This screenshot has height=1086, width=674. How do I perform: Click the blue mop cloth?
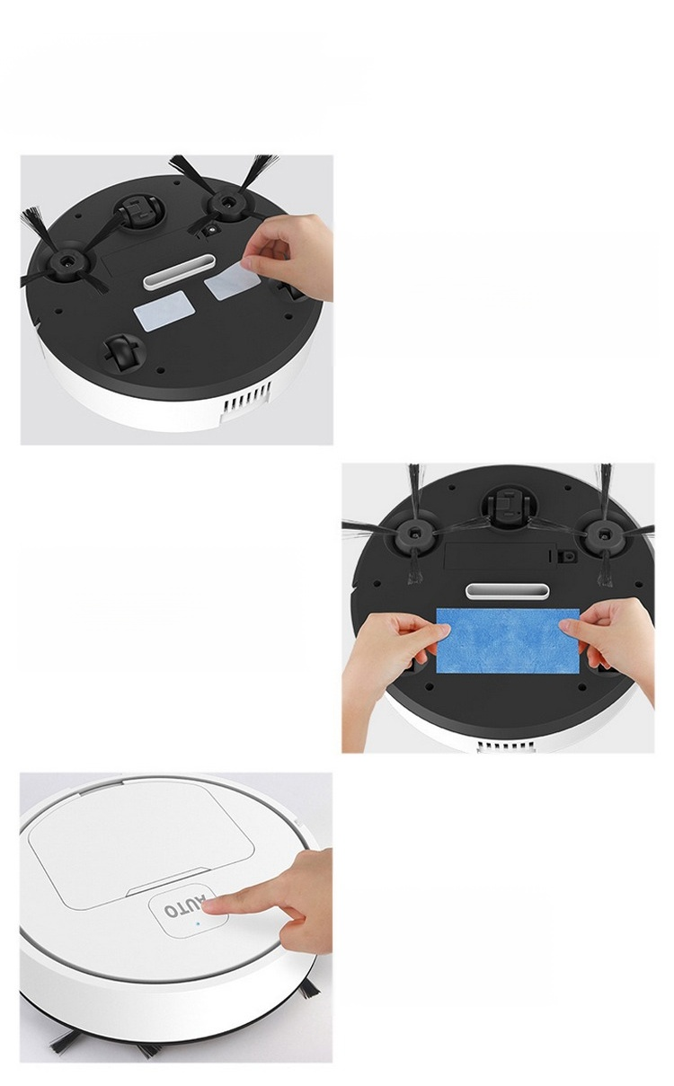(x=508, y=641)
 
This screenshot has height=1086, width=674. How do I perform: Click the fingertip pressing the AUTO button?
(x=211, y=906)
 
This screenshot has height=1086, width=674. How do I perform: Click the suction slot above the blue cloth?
(x=507, y=592)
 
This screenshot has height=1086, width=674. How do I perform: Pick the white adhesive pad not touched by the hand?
(x=161, y=313)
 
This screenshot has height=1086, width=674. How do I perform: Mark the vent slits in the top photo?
(x=246, y=395)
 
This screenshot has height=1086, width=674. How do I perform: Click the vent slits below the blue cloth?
(x=507, y=746)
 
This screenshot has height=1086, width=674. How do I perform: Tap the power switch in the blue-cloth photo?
(x=565, y=557)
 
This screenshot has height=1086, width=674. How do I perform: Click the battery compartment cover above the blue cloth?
(x=499, y=554)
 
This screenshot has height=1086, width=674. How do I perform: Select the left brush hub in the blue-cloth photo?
(x=414, y=533)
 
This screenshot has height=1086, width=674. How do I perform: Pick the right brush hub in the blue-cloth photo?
(x=603, y=534)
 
